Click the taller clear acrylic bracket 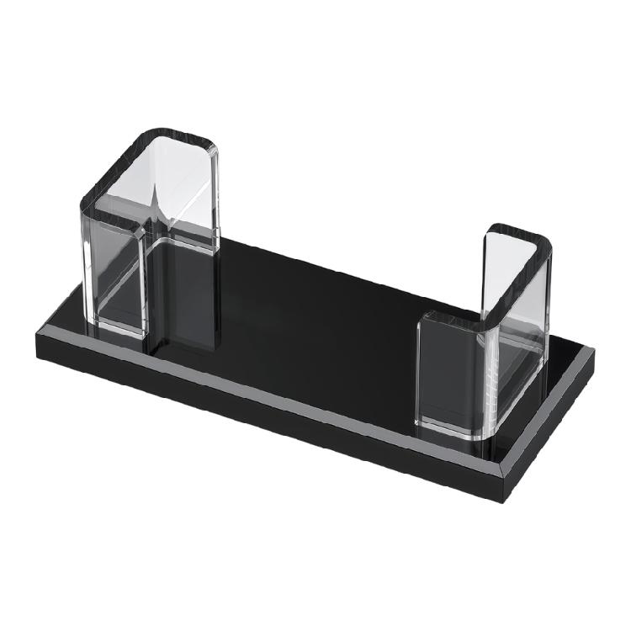[x=151, y=236]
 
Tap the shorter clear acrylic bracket [x=488, y=337]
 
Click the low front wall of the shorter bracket [x=450, y=370]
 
